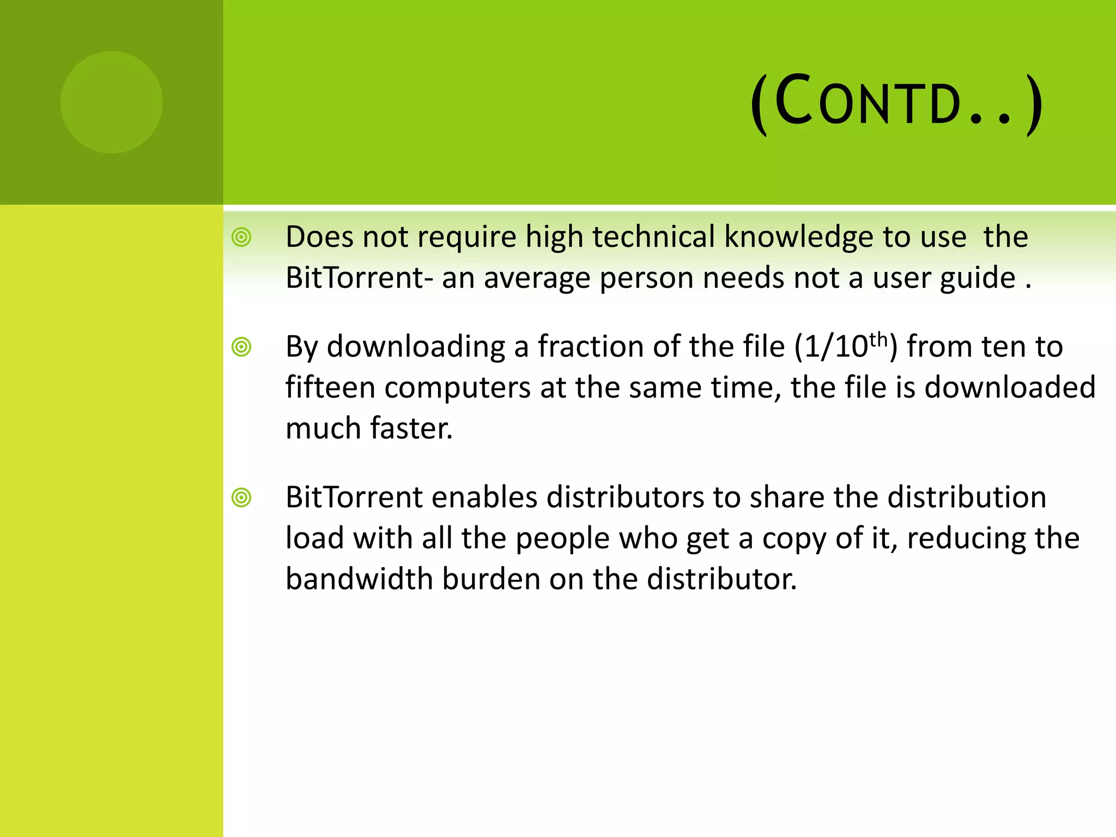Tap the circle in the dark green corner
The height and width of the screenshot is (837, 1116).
click(112, 102)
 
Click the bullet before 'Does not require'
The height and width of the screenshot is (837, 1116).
click(241, 238)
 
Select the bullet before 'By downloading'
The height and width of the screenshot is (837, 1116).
click(241, 347)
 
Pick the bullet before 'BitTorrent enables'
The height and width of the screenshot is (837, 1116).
click(241, 498)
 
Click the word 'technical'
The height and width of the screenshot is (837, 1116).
click(653, 237)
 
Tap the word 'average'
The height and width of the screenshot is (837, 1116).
click(537, 278)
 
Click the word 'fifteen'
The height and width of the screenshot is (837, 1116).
click(330, 387)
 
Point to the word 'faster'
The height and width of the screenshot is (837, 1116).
click(411, 428)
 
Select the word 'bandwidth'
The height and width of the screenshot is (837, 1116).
click(359, 579)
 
